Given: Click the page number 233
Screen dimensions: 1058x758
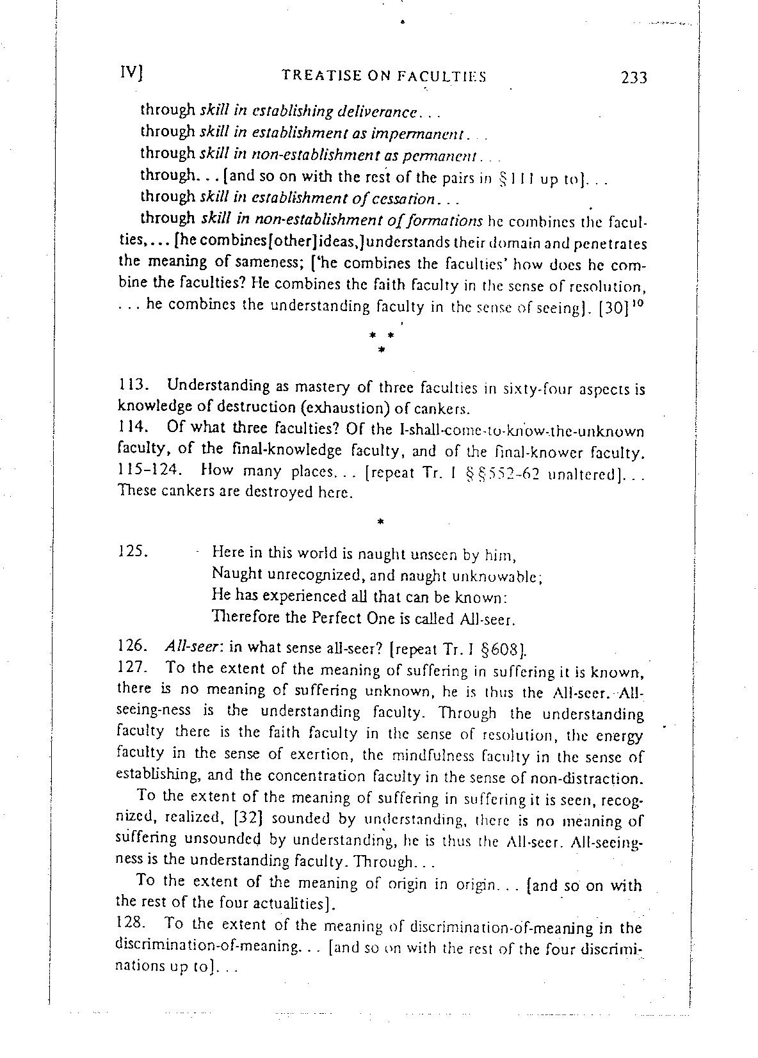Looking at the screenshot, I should [633, 79].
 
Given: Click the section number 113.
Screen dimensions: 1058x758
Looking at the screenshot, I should [133, 387].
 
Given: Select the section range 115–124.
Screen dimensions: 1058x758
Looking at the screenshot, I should [145, 471].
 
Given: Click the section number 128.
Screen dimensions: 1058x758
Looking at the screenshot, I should [133, 924].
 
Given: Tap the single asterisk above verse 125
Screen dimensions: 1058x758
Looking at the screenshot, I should [380, 522].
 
